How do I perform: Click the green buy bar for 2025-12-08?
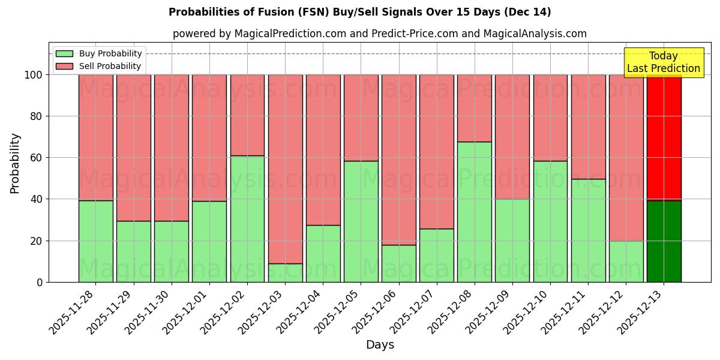(475, 212)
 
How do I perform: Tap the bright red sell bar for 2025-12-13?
(664, 137)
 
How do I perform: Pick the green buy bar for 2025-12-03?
(285, 273)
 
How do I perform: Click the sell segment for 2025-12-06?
(399, 160)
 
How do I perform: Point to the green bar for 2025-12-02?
(247, 219)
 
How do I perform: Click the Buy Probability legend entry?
(98, 53)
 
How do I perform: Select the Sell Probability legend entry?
(98, 66)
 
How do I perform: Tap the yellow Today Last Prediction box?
(664, 62)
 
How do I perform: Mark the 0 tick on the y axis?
(40, 282)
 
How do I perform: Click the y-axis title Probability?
(15, 163)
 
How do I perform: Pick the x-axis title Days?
(380, 345)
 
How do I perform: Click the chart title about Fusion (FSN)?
(360, 12)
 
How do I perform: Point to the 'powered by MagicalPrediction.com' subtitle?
(380, 34)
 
